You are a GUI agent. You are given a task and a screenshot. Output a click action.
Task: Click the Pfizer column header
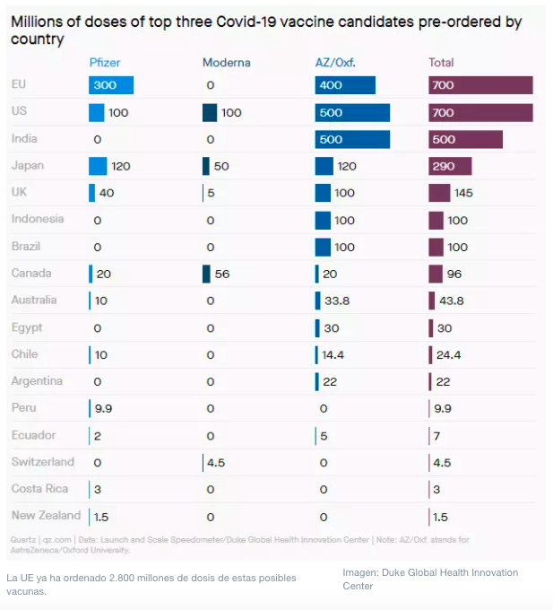point(105,63)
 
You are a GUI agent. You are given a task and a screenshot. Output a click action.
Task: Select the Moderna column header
point(226,63)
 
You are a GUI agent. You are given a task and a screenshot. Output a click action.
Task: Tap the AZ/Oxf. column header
point(336,63)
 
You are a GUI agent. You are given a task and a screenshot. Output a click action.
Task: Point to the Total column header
point(441,63)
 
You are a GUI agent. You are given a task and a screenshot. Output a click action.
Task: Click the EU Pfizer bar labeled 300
point(111,85)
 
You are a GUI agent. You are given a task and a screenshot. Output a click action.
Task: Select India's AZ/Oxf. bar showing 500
point(352,140)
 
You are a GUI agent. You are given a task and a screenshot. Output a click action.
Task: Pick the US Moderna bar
point(210,112)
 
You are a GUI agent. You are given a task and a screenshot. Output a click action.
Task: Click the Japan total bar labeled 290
point(450,167)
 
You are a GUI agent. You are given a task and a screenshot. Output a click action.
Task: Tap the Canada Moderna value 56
point(222,274)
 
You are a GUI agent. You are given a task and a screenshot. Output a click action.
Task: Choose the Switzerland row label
point(43,462)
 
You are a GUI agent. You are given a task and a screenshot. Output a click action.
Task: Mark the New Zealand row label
point(46,516)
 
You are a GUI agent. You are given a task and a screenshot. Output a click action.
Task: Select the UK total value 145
point(463,194)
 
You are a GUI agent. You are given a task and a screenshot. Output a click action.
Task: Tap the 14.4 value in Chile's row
point(333,355)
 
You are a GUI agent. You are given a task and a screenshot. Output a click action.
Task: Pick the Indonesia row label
point(38,219)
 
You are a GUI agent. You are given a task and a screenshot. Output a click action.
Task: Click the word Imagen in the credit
point(362,572)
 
